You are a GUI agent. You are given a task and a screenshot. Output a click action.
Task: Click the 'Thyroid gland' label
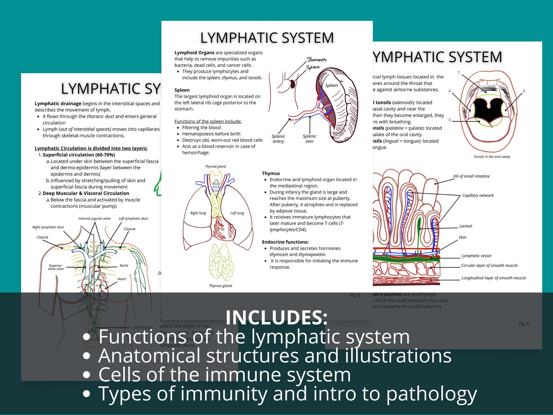[215, 167]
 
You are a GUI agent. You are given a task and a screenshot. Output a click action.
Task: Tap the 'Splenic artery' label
[278, 139]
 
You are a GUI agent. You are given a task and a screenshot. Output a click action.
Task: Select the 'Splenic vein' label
[309, 139]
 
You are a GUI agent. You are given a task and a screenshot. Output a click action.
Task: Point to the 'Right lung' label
[198, 213]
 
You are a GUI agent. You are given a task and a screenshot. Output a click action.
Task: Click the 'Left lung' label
[237, 213]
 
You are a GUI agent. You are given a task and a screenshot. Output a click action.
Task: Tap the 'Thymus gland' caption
[220, 286]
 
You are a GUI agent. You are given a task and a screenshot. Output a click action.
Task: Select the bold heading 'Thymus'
[271, 173]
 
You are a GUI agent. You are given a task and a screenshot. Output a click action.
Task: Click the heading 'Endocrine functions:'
[285, 242]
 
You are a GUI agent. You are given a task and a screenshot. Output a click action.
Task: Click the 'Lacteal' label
[465, 226]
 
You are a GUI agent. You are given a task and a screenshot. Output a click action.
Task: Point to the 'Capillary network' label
[478, 195]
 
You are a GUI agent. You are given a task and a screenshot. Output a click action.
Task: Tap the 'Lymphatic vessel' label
[476, 256]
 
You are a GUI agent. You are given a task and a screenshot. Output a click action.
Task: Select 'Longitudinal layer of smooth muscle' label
[493, 278]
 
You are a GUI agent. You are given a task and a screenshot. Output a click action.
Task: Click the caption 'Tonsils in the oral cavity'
[491, 157]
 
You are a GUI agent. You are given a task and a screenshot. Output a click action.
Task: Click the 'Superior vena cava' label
[56, 267]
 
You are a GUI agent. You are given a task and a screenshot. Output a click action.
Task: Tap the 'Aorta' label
[124, 266]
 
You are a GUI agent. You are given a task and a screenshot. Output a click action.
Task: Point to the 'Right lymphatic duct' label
[48, 227]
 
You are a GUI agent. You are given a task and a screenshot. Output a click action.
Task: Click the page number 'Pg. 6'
[523, 323]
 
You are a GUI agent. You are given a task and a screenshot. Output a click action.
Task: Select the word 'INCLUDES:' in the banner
[276, 317]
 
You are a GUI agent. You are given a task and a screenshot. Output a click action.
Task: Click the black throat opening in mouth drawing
[489, 110]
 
